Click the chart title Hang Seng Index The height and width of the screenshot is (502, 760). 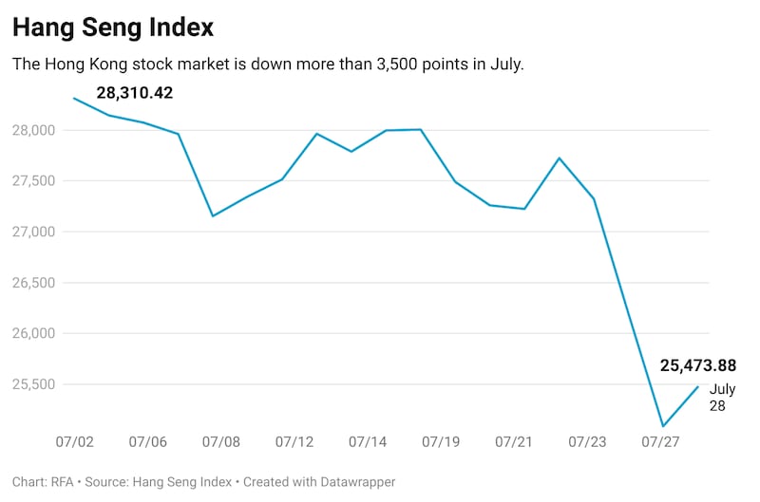[x=113, y=28]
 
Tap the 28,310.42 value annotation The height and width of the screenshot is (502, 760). [x=135, y=93]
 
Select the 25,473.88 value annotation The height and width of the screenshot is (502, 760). [x=698, y=365]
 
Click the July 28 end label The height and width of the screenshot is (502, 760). [x=723, y=397]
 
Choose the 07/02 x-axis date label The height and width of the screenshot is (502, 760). [x=74, y=442]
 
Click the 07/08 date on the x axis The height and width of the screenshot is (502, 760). [x=221, y=442]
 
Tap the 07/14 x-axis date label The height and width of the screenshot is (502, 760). [x=368, y=442]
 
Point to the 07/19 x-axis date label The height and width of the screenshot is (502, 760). [x=441, y=442]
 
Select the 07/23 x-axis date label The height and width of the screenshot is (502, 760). [x=587, y=442]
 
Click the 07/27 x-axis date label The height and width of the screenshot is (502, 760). [x=660, y=442]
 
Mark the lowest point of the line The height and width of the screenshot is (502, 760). [x=663, y=426]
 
